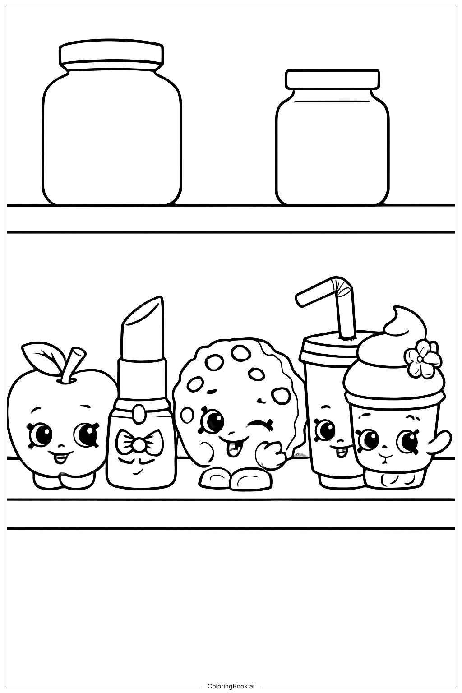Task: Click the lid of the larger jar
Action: click(x=111, y=54)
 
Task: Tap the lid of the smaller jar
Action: click(x=332, y=79)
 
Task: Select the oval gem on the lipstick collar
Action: click(x=140, y=412)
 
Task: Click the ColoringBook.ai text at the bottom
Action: click(x=231, y=686)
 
